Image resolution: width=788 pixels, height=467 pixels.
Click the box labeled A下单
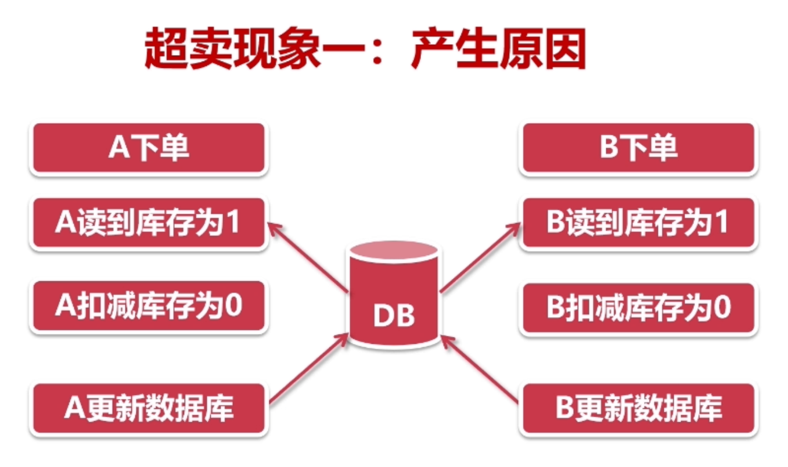click(149, 148)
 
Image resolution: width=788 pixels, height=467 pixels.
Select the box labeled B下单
click(639, 148)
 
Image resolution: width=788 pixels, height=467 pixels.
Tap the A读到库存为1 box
click(149, 224)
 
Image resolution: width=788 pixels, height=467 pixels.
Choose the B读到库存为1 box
click(639, 224)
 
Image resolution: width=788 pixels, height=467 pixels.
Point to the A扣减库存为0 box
click(149, 307)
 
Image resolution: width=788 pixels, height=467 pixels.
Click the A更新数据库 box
click(149, 408)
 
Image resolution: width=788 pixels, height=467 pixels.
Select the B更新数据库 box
click(639, 408)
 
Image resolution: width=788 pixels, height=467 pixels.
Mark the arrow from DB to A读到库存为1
click(308, 256)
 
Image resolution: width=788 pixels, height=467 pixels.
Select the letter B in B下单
click(609, 149)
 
